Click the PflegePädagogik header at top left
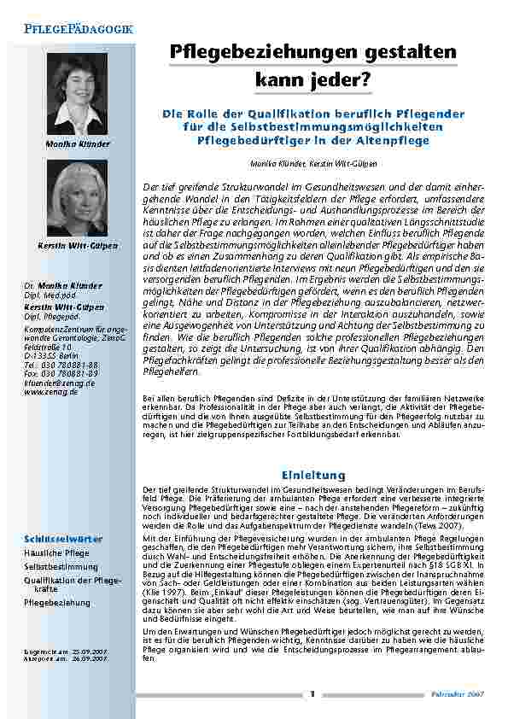point(78,29)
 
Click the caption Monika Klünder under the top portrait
point(77,144)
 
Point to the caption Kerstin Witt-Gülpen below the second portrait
point(78,247)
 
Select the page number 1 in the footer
point(312,693)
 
